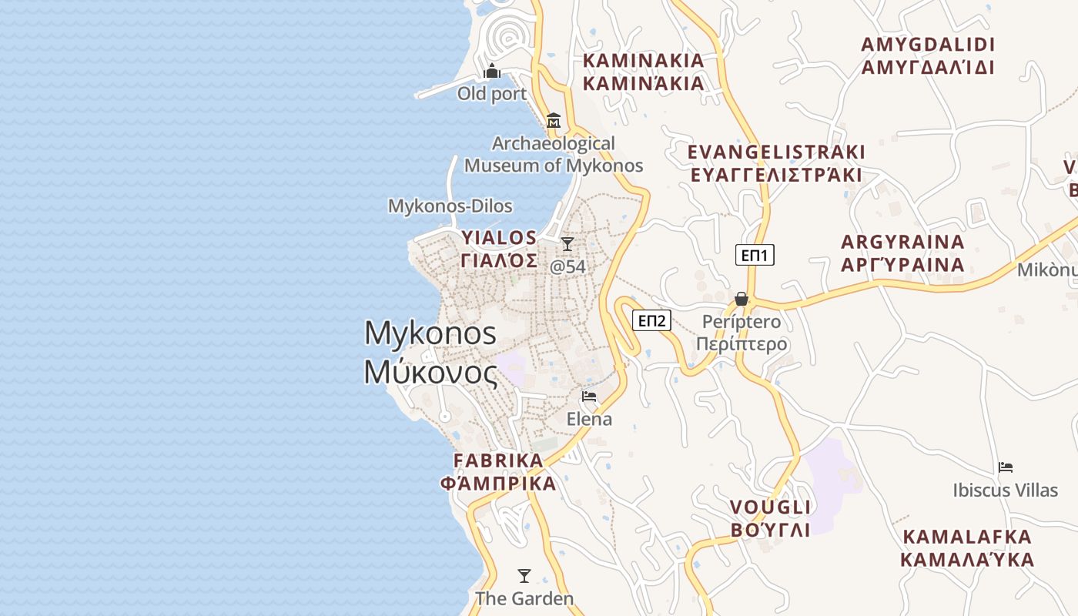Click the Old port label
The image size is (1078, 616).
click(492, 94)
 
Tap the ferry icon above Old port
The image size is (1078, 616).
click(492, 72)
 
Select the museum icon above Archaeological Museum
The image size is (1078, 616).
click(553, 121)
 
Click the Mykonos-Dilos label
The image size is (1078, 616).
click(450, 206)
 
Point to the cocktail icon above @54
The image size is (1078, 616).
click(567, 244)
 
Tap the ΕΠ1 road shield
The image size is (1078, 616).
click(755, 255)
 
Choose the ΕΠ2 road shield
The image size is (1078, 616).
click(651, 320)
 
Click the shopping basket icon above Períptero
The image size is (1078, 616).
click(742, 299)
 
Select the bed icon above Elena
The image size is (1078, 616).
click(590, 397)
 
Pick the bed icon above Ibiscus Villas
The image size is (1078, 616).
click(1006, 467)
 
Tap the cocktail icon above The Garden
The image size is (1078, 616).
click(524, 575)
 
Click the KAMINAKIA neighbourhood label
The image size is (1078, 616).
click(644, 72)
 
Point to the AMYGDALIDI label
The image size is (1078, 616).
click(928, 55)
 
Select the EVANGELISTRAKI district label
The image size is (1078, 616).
click(776, 163)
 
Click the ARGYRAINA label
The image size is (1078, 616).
click(902, 253)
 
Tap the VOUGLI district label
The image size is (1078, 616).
click(770, 518)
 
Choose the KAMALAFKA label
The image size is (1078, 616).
click(968, 548)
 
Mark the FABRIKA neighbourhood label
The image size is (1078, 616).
click(498, 472)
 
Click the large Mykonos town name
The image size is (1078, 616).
click(430, 352)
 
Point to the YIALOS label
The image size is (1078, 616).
click(499, 249)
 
